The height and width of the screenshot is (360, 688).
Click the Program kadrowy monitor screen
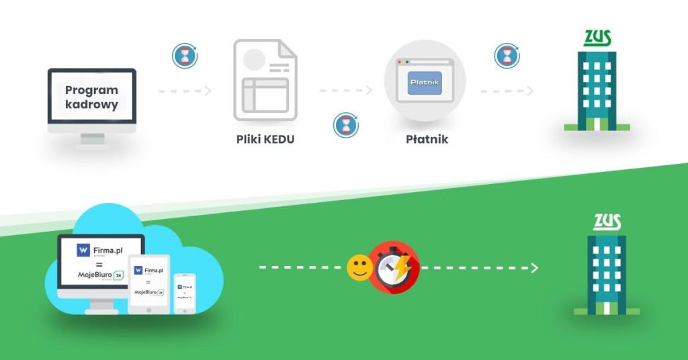pos(91,97)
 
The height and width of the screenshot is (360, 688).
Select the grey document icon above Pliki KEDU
pos(264,79)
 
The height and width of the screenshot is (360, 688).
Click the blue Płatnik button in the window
pos(425,83)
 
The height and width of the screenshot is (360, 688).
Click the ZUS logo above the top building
pos(597,38)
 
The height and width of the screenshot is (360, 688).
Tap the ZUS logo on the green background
pos(607,222)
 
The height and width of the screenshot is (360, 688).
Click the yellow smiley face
pos(359,268)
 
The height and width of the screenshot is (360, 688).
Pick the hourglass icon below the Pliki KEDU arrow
pos(345,125)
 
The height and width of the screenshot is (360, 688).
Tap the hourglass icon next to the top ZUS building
pos(507,56)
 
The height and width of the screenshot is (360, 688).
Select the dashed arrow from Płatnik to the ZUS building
pos(507,91)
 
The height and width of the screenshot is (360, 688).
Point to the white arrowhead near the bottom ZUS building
pos(534,268)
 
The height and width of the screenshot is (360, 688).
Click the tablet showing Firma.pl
pos(149,282)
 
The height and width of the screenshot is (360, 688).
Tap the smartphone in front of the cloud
pos(185,292)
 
